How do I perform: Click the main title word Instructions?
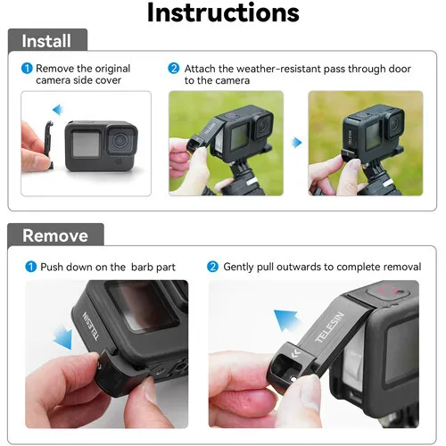click(223, 12)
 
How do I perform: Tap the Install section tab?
click(47, 40)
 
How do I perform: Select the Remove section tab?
click(55, 235)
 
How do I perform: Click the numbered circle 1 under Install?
click(27, 69)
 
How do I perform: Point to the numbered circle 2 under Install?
click(174, 69)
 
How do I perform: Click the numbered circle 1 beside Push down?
click(30, 267)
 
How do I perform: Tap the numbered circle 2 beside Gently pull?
click(212, 267)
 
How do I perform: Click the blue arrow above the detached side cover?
click(58, 110)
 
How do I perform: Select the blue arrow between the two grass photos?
click(297, 143)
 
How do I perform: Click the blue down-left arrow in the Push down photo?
click(63, 337)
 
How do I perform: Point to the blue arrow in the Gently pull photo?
click(286, 320)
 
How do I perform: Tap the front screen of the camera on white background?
click(86, 144)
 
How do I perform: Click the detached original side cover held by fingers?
click(48, 145)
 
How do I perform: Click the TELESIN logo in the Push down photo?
click(90, 326)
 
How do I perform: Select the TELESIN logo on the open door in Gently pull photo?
click(329, 327)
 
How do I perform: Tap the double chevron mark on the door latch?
click(295, 353)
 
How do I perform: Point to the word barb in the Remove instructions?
click(142, 267)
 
